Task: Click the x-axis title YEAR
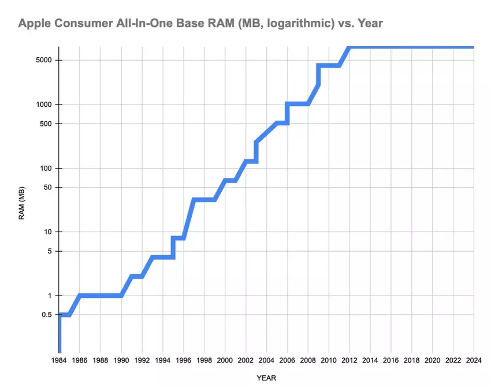click(267, 378)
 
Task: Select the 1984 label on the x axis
click(59, 361)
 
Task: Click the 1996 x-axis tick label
click(184, 361)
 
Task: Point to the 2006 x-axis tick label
click(287, 361)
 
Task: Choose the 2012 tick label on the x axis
click(349, 361)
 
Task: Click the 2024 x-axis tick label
click(474, 361)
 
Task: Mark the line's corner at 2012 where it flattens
click(349, 47)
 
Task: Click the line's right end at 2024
click(473, 47)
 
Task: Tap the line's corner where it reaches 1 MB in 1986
click(80, 296)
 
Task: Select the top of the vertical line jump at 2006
click(287, 105)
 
